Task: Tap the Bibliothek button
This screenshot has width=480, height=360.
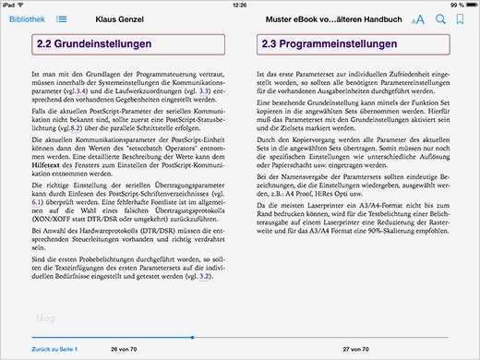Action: pyautogui.click(x=25, y=18)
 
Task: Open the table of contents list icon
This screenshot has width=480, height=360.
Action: pyautogui.click(x=61, y=18)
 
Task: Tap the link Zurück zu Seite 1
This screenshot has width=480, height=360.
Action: pyautogui.click(x=54, y=350)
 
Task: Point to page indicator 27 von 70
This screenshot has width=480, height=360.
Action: pyautogui.click(x=357, y=350)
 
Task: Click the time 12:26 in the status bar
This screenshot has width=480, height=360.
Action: pyautogui.click(x=240, y=5)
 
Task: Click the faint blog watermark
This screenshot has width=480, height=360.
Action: pyautogui.click(x=45, y=318)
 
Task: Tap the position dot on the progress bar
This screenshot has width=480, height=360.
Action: pyautogui.click(x=191, y=339)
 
